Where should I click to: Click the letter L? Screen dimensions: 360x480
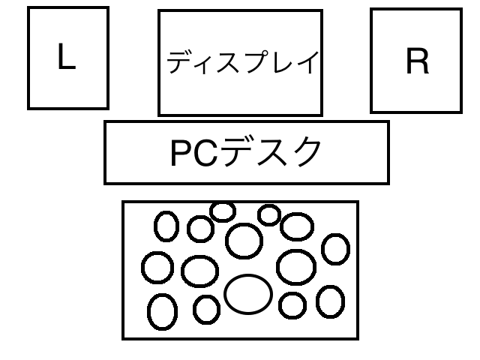(66, 58)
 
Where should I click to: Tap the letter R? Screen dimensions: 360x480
(417, 64)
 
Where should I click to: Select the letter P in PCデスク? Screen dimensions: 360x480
(182, 154)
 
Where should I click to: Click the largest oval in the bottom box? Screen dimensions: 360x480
(247, 295)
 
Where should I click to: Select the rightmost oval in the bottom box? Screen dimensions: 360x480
(335, 249)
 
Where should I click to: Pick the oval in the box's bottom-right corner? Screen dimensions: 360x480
(330, 302)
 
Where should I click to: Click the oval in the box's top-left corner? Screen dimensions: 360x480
(166, 224)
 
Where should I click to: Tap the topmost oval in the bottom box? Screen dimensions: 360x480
(223, 211)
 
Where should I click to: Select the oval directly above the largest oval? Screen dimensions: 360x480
(244, 240)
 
